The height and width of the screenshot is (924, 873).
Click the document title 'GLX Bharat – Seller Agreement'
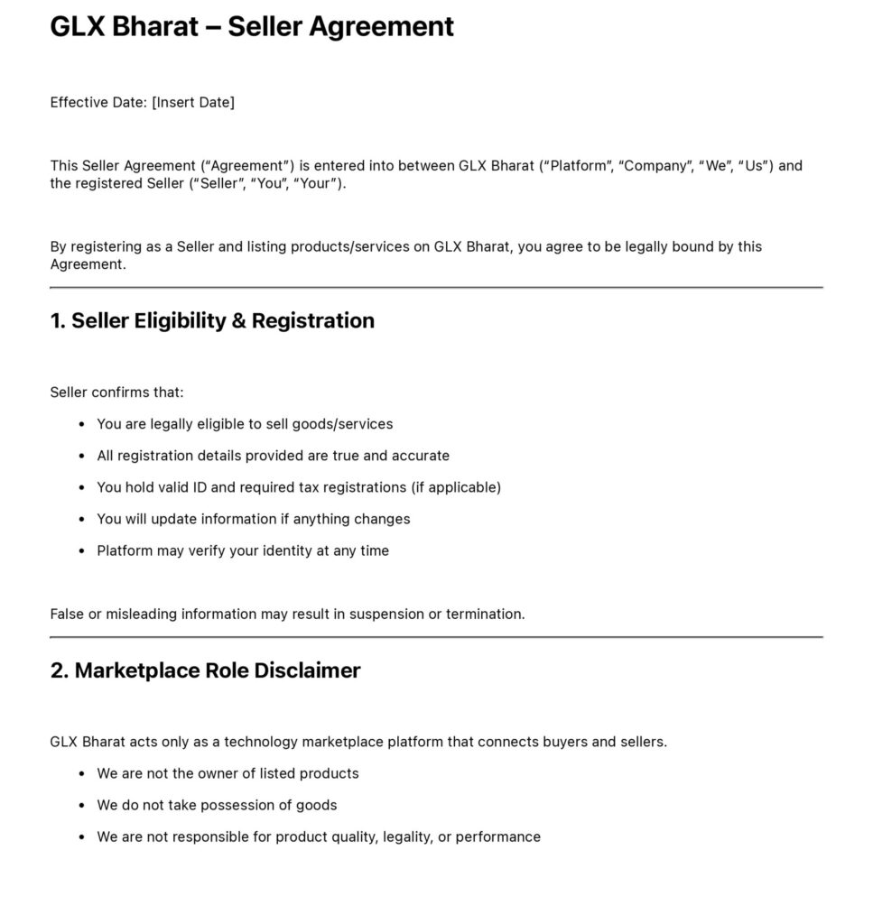click(x=252, y=27)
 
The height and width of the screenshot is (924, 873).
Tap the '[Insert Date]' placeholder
click(x=193, y=102)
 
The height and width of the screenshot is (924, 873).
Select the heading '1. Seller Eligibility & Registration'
click(x=212, y=320)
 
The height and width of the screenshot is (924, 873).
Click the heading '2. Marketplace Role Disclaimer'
click(x=205, y=670)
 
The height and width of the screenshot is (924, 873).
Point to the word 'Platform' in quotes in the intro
click(x=579, y=166)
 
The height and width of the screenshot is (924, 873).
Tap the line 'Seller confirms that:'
click(x=116, y=393)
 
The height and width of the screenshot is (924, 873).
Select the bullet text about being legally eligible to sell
click(x=245, y=424)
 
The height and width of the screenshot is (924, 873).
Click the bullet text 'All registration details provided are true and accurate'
click(x=273, y=456)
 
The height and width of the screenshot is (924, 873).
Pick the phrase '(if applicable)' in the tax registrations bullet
click(x=456, y=487)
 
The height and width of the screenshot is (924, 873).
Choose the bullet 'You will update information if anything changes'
click(x=253, y=519)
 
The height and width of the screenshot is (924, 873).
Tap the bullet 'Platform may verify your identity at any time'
click(x=243, y=550)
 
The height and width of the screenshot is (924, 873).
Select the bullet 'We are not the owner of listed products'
click(x=228, y=773)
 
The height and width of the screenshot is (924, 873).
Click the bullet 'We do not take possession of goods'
click(x=217, y=805)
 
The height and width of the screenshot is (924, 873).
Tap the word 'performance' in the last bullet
click(x=497, y=836)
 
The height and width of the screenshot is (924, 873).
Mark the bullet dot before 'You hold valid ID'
click(x=82, y=488)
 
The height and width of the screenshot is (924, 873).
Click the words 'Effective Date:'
click(x=98, y=102)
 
